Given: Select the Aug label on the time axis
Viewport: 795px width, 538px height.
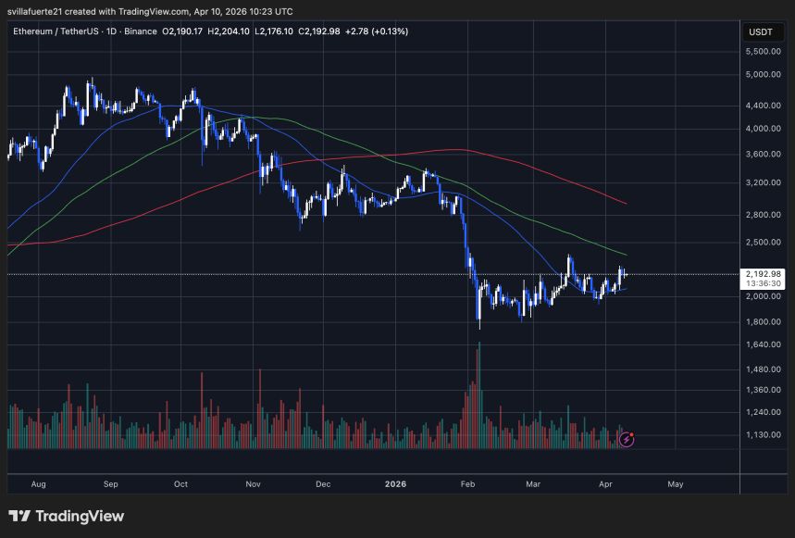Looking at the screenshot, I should pos(38,483).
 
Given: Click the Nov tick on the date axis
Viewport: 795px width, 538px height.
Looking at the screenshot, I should pos(252,483).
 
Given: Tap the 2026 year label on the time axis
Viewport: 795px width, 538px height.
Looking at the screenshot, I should pos(394,483).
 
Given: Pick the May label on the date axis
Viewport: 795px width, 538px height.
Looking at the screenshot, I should pos(675,483).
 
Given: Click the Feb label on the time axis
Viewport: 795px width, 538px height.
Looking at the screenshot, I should pos(467,483).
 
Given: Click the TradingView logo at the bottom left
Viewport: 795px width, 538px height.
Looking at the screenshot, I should pos(66,516).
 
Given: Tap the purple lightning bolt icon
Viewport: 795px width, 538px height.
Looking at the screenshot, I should pos(627,439).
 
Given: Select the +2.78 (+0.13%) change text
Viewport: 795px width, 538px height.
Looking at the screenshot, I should pos(376,31).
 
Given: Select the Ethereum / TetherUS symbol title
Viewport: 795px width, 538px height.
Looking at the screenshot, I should pos(62,31).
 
